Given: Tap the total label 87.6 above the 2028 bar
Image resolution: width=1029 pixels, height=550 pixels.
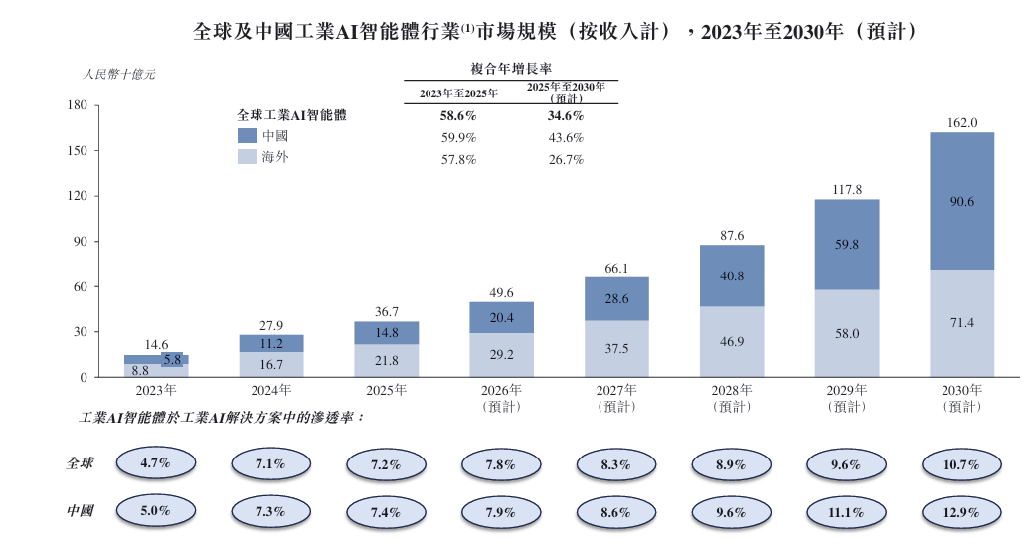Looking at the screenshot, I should (x=732, y=235).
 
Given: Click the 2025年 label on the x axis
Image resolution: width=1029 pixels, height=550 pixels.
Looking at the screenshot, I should (x=387, y=390).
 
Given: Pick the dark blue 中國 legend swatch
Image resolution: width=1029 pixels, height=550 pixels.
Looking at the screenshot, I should (x=248, y=136).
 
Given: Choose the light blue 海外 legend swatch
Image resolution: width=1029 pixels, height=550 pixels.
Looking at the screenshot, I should (x=248, y=157).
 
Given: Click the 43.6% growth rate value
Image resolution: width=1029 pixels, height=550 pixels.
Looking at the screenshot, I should (x=566, y=138).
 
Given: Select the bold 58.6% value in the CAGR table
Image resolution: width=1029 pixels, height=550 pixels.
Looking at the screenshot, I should (x=458, y=116).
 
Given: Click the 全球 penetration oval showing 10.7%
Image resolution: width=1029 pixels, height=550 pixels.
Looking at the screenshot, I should (x=961, y=463).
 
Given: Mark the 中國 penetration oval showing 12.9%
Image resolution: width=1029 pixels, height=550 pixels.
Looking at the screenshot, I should (x=961, y=511).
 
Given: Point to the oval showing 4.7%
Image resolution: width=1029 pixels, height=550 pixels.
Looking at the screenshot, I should (x=156, y=463).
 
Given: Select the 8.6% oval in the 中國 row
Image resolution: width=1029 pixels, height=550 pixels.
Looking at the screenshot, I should (x=616, y=511).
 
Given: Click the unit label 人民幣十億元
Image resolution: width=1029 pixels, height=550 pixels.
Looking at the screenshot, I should (x=118, y=75).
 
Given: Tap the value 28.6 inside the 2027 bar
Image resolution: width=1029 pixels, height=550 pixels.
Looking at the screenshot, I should (x=616, y=299).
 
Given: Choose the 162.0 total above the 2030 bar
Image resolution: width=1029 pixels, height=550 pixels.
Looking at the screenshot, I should (x=961, y=123).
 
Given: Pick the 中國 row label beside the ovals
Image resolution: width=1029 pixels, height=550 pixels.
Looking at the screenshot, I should (x=81, y=511).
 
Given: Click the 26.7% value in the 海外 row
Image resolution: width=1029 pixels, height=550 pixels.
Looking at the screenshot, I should (x=566, y=159).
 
